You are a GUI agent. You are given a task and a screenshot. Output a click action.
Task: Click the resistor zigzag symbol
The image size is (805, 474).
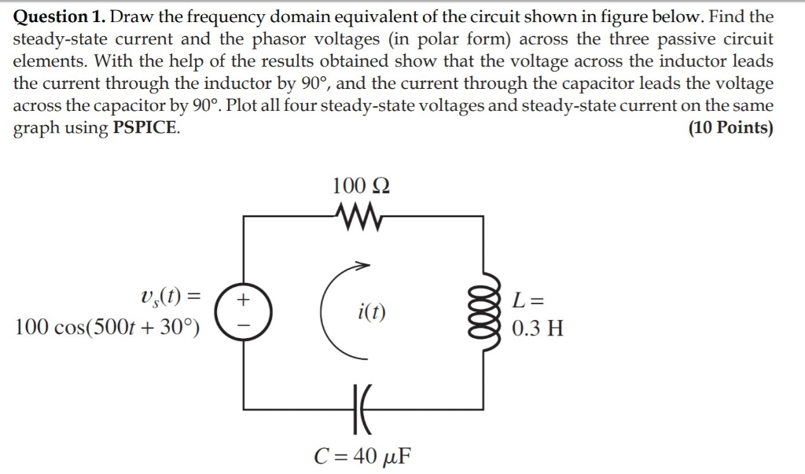(x=361, y=212)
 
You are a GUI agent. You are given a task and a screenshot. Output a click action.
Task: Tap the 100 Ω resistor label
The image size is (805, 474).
(x=361, y=186)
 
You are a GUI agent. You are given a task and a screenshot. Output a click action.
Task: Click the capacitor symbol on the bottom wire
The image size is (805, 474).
(x=361, y=408)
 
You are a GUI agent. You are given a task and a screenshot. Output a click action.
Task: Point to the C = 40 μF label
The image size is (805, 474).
(x=362, y=456)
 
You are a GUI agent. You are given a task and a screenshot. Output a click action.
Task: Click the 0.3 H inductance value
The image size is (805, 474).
(x=537, y=328)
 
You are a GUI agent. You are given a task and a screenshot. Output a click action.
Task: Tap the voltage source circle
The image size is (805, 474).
(x=244, y=312)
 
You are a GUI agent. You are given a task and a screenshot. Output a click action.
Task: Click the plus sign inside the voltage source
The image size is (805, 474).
(x=244, y=299)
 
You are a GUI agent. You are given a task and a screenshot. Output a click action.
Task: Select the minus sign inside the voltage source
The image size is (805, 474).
(x=244, y=324)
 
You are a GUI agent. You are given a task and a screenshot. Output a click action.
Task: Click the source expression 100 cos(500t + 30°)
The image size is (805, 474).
(x=107, y=328)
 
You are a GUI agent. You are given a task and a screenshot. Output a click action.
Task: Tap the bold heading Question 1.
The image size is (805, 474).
(x=64, y=17)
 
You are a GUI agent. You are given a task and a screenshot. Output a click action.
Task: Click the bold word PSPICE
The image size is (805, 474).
(x=145, y=127)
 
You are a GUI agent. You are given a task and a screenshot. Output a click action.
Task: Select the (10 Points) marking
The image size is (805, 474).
(x=730, y=127)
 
